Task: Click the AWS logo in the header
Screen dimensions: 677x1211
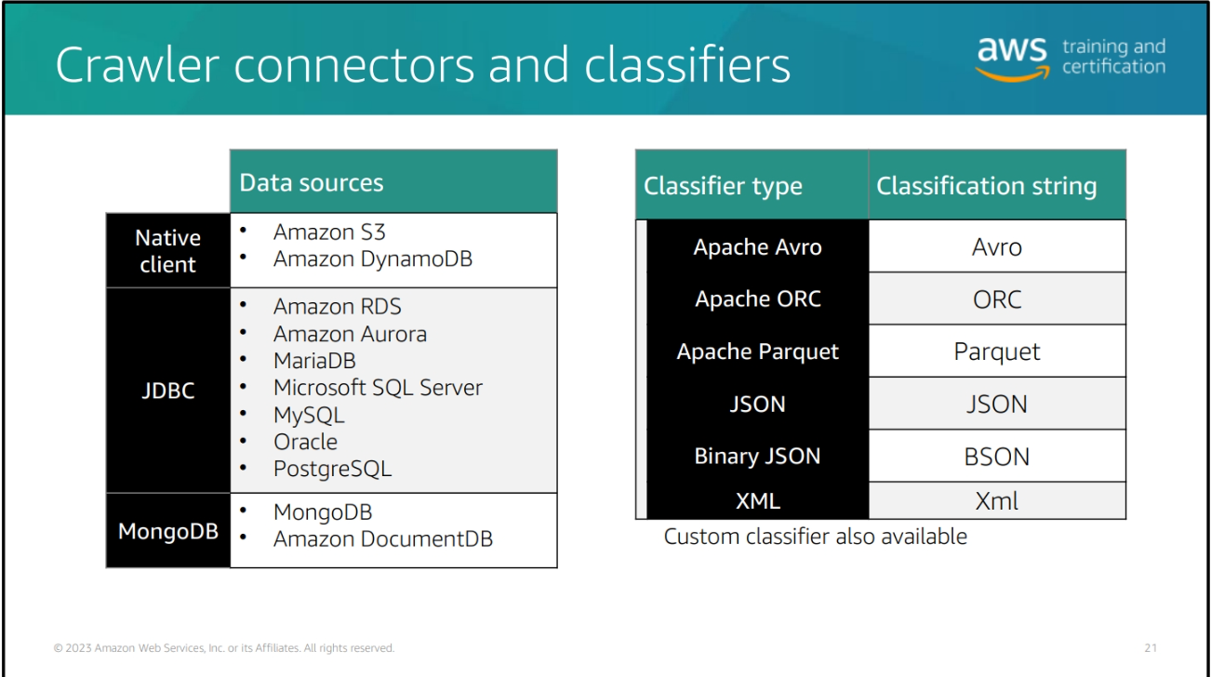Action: coord(1012,58)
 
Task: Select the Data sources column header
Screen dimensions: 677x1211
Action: coord(312,182)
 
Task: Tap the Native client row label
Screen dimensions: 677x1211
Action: coord(168,251)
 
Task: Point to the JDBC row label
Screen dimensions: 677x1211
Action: coord(168,391)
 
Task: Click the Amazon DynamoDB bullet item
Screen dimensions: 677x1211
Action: coord(372,259)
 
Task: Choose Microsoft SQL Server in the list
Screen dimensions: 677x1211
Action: coord(378,388)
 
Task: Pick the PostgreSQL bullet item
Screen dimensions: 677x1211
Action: coord(332,469)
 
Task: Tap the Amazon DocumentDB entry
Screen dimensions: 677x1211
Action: coord(382,538)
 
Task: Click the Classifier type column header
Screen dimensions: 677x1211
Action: coord(723,186)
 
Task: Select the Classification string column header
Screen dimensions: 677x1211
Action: coord(986,186)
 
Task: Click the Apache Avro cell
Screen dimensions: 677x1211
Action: coord(757,247)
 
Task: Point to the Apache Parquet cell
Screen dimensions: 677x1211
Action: coord(757,352)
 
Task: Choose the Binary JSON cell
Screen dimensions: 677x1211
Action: coord(757,457)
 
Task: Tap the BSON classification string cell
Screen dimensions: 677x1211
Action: coord(997,457)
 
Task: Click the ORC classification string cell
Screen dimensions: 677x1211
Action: coord(997,299)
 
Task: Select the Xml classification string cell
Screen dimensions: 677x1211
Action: coord(997,501)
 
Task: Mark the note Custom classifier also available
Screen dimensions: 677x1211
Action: coord(815,537)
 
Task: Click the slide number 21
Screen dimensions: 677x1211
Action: coord(1151,648)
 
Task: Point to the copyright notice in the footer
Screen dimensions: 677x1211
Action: coord(224,648)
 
